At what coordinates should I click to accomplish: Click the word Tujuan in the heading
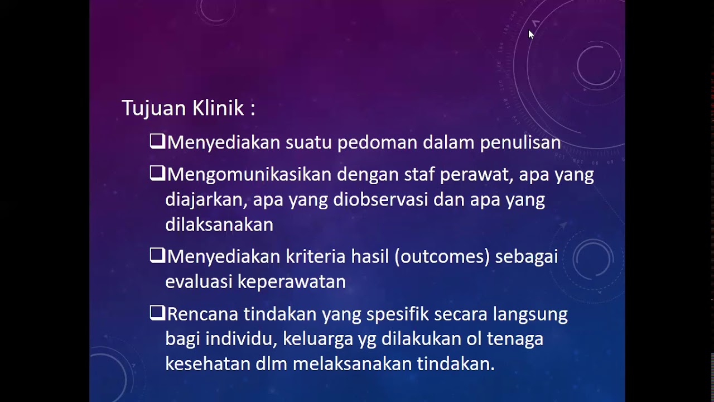[154, 108]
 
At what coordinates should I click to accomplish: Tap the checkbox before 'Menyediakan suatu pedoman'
[157, 141]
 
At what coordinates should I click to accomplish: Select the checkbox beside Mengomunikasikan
[157, 174]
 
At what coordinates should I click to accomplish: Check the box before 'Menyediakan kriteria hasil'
[157, 256]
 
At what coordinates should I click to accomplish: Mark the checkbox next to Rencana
[157, 313]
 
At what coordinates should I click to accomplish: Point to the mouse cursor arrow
[530, 34]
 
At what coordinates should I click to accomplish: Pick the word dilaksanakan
[219, 224]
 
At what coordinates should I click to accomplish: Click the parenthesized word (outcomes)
[442, 257]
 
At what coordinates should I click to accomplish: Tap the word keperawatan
[292, 282]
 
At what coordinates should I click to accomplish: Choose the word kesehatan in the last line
[208, 364]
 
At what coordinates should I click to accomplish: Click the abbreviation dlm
[271, 364]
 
